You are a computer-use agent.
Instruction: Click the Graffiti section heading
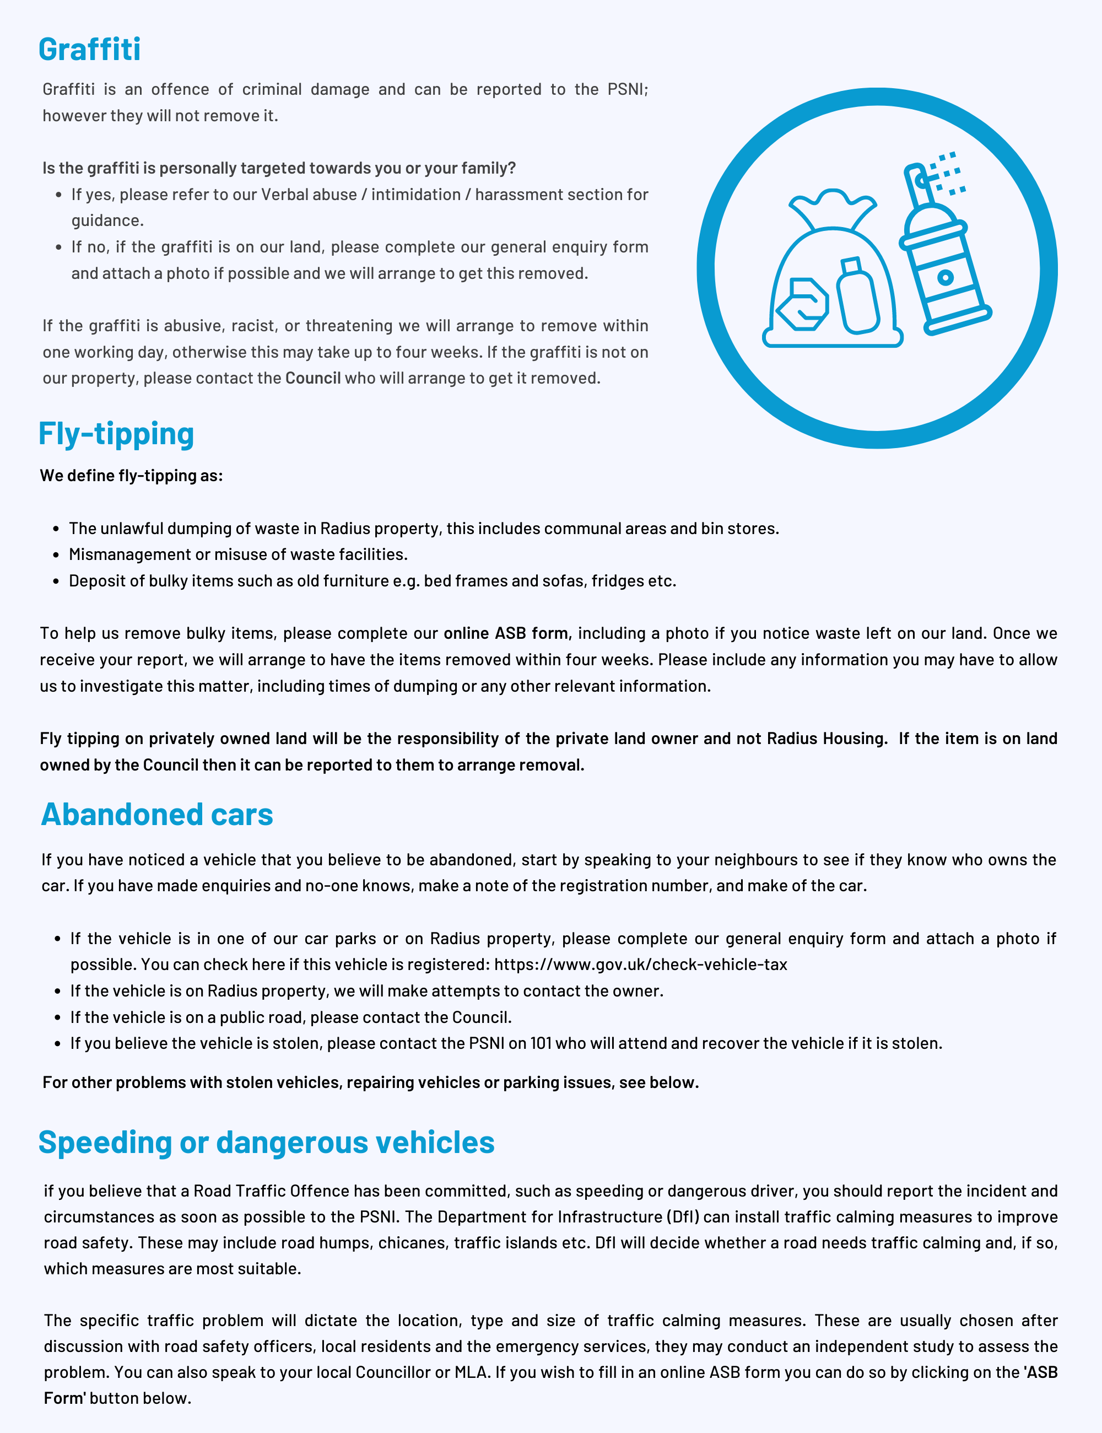click(89, 50)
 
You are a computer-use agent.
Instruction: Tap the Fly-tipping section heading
click(116, 434)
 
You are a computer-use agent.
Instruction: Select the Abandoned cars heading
click(157, 814)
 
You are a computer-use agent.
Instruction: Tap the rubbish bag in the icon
click(832, 276)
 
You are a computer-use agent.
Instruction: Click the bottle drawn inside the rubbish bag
click(857, 297)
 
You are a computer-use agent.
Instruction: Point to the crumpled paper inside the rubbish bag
click(803, 304)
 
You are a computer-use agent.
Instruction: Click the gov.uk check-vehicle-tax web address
click(640, 965)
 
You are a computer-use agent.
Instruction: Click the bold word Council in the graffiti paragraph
click(313, 379)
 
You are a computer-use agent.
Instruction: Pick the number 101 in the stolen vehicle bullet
click(541, 1043)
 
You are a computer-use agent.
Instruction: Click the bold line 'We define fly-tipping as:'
click(131, 476)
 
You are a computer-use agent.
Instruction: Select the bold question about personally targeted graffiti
click(279, 169)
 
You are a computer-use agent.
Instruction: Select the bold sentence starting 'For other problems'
click(371, 1082)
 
